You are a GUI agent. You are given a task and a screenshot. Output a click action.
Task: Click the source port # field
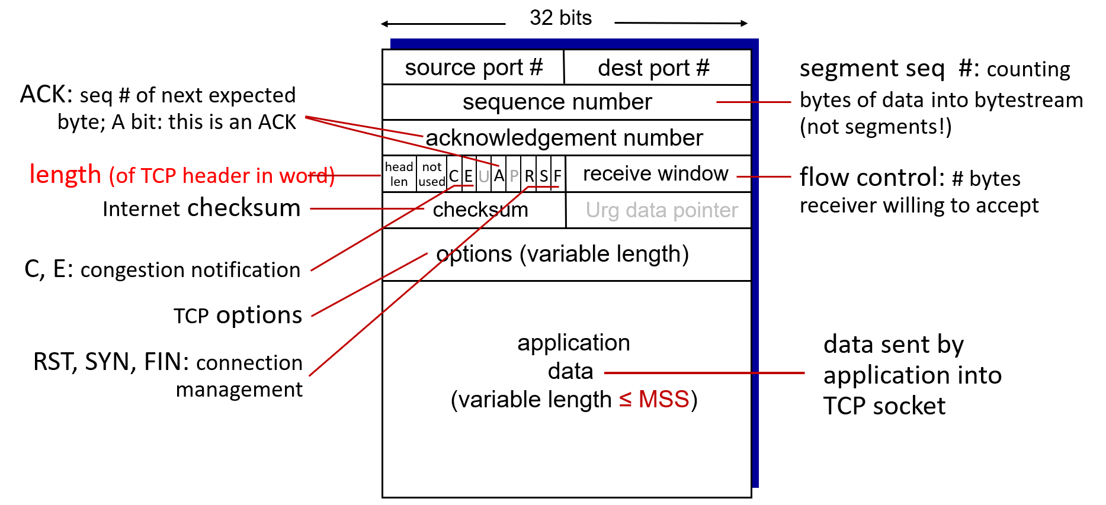click(473, 67)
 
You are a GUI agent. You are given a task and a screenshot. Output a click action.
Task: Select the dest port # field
click(658, 67)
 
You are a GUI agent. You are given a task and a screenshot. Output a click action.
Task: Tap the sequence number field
click(567, 102)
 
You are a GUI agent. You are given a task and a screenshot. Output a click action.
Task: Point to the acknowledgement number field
click(567, 138)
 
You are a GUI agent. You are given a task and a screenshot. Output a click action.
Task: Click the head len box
click(399, 174)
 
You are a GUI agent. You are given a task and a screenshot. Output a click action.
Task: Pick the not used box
click(431, 174)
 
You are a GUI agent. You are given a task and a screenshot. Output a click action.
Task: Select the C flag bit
click(454, 175)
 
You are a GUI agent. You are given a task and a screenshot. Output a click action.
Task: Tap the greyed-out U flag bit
click(484, 175)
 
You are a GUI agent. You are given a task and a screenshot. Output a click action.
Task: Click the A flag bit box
click(499, 175)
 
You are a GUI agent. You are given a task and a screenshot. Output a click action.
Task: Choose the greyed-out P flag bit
click(514, 175)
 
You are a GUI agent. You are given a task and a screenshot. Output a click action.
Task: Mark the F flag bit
click(558, 175)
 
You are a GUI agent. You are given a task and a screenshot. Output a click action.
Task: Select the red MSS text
click(663, 400)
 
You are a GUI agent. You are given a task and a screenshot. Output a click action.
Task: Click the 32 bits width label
click(560, 18)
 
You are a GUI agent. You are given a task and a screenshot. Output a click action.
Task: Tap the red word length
click(65, 175)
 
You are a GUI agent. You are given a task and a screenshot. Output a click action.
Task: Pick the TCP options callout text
click(238, 316)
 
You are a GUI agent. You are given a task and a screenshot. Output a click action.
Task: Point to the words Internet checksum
click(201, 208)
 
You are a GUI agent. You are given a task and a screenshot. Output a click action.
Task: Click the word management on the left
click(239, 390)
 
